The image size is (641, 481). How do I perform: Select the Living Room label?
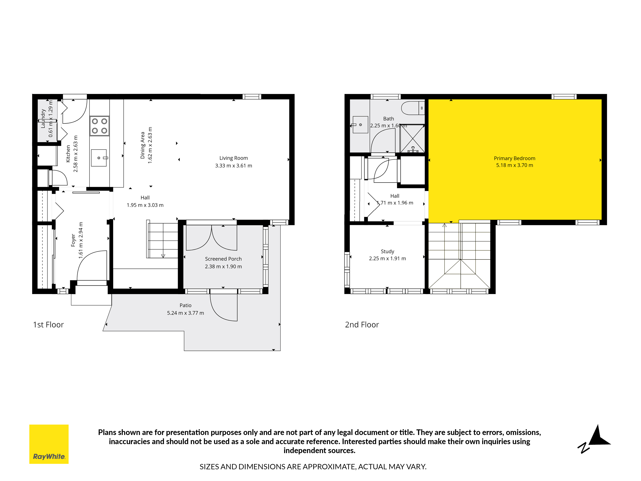(x=234, y=158)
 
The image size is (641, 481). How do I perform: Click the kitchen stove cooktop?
(x=99, y=126)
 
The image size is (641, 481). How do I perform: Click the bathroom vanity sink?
(x=360, y=125)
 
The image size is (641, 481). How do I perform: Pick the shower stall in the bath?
(x=412, y=139)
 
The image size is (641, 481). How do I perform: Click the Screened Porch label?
(x=223, y=259)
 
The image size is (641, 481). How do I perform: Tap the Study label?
(x=387, y=251)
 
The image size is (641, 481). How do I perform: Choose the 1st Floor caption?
(x=48, y=325)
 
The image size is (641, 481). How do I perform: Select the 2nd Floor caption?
(x=362, y=325)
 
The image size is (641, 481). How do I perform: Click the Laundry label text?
(x=43, y=119)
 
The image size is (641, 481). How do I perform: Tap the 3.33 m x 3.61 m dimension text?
(x=234, y=166)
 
